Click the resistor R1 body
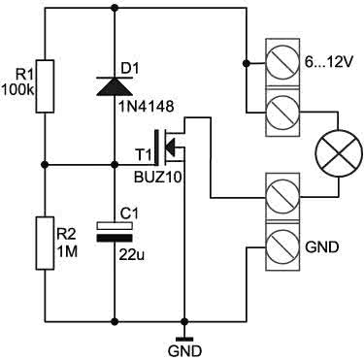(x=45, y=86)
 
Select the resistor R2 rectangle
(x=45, y=243)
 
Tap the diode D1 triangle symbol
(x=115, y=85)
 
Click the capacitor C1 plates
(x=115, y=232)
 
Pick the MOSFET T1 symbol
(x=169, y=146)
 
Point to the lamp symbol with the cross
(x=339, y=153)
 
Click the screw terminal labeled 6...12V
(x=282, y=63)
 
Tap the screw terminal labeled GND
(x=282, y=246)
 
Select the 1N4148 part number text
(x=148, y=106)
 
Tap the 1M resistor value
(x=67, y=251)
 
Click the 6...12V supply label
(x=328, y=62)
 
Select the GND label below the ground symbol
(x=184, y=350)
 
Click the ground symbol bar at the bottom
(x=184, y=339)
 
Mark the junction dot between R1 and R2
(x=45, y=165)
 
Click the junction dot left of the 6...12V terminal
(x=247, y=63)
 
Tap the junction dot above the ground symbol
(x=184, y=321)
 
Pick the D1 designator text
(x=129, y=68)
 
